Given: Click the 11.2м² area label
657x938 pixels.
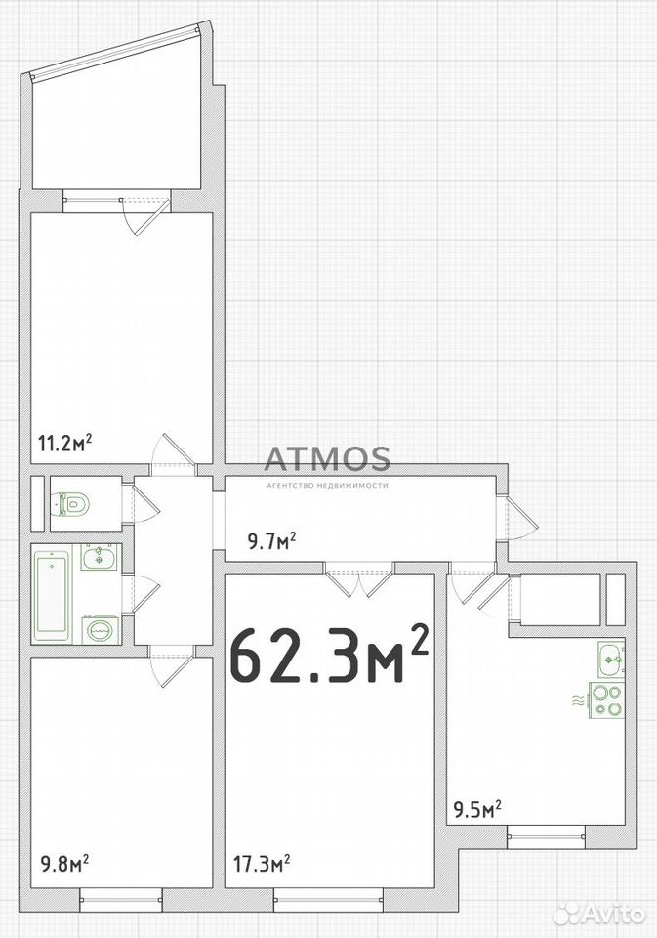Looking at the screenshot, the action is tap(65, 444).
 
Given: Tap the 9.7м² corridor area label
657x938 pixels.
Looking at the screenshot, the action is tap(272, 541).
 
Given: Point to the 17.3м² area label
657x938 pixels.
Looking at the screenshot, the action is tap(262, 863).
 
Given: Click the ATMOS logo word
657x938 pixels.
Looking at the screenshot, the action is tap(327, 458).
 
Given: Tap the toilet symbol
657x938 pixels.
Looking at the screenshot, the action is tap(74, 504).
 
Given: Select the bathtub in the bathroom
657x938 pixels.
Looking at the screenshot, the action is tap(52, 593).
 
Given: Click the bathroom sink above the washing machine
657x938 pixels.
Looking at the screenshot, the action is tap(100, 558).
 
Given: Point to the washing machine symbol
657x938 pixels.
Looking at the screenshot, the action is tap(100, 629).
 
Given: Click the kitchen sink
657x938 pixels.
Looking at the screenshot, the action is tap(611, 660).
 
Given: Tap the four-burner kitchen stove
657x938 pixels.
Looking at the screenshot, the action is tap(606, 701).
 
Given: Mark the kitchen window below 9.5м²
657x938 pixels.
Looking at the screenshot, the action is tap(546, 836).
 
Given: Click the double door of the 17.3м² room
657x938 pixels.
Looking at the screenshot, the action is tap(358, 579).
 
